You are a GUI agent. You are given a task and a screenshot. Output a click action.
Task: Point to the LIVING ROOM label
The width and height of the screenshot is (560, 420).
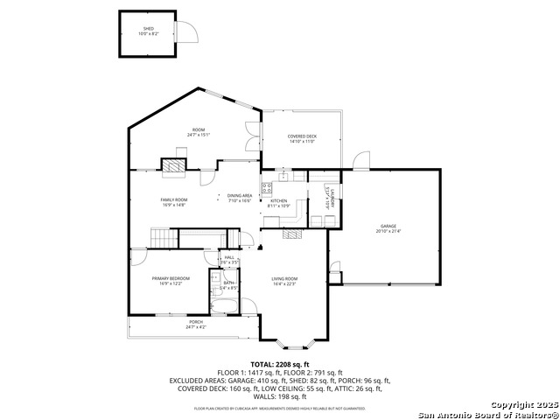285,281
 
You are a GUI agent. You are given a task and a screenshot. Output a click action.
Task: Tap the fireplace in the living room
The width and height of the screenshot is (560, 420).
291,234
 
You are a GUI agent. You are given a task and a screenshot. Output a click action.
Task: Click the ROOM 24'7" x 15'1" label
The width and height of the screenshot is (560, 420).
199,132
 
